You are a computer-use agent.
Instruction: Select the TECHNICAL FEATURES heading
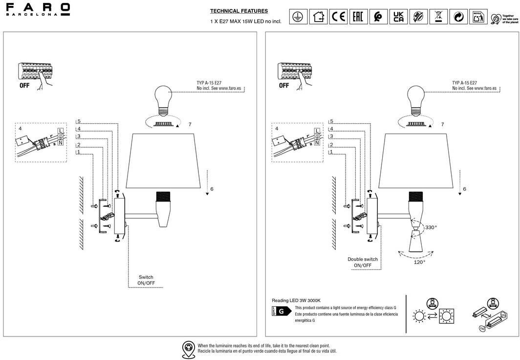click(x=239, y=11)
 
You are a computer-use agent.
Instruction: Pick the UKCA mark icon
click(x=398, y=17)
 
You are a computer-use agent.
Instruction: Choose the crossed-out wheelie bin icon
click(x=438, y=17)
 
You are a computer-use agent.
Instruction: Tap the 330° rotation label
click(x=431, y=227)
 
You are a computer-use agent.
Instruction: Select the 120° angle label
click(x=419, y=262)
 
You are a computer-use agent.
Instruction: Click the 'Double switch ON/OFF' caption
click(x=363, y=262)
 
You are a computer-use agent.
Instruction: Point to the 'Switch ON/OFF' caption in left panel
click(x=146, y=280)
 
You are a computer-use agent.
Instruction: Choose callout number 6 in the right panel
click(x=464, y=189)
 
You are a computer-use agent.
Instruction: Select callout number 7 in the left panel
click(x=190, y=125)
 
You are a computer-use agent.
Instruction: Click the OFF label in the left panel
click(x=24, y=85)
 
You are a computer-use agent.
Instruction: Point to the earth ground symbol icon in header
click(x=298, y=17)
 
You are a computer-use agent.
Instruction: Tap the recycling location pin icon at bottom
click(x=188, y=348)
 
